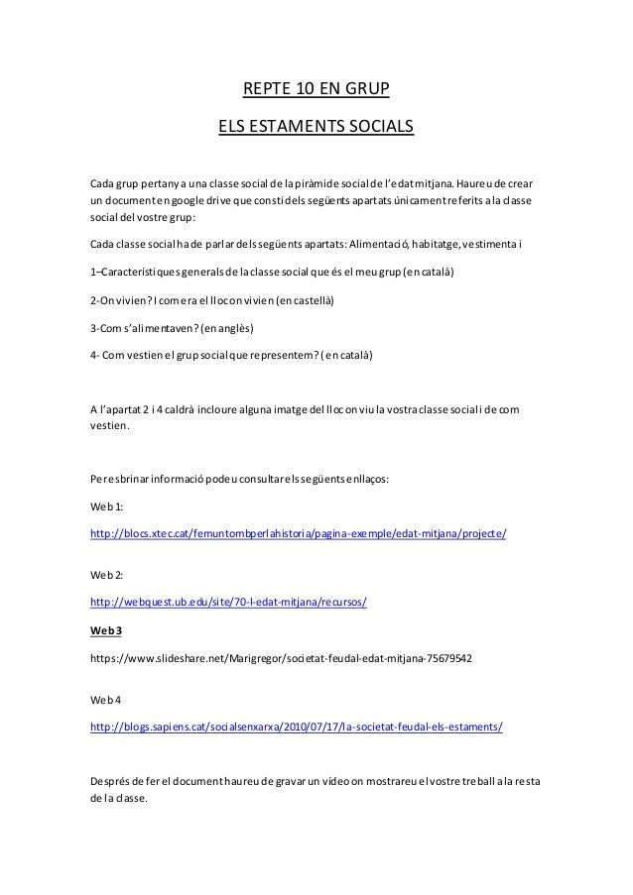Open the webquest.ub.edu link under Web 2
click(235, 601)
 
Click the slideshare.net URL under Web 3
click(281, 656)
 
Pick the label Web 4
click(104, 699)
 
